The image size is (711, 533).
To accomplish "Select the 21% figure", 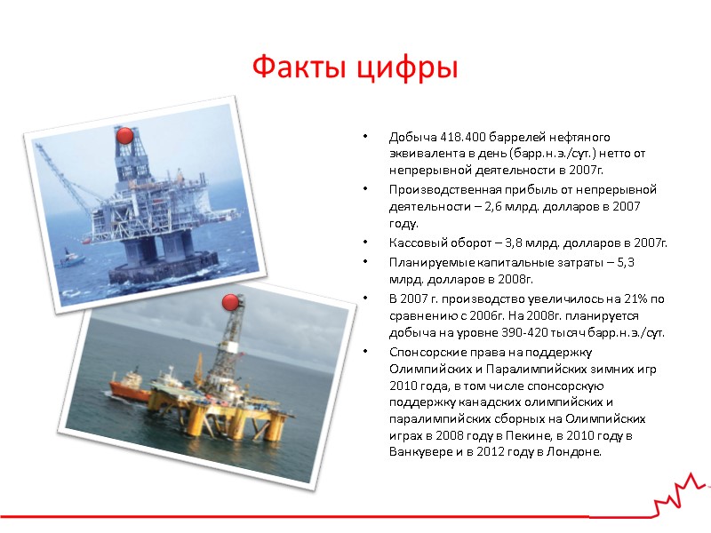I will tap(632, 299).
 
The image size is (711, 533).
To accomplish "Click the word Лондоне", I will tap(575, 452).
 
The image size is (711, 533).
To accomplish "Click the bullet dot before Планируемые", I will tap(363, 262).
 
